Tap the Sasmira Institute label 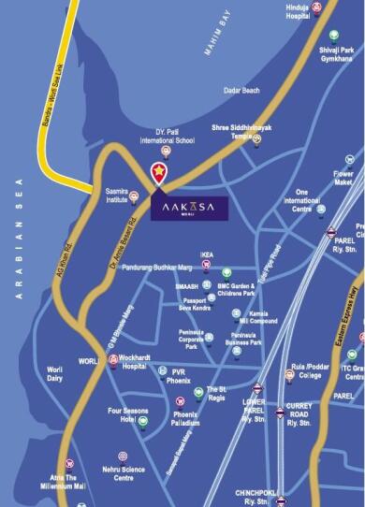pos(116,191)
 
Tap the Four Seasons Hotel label pos(123,415)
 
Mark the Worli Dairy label pos(61,374)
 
